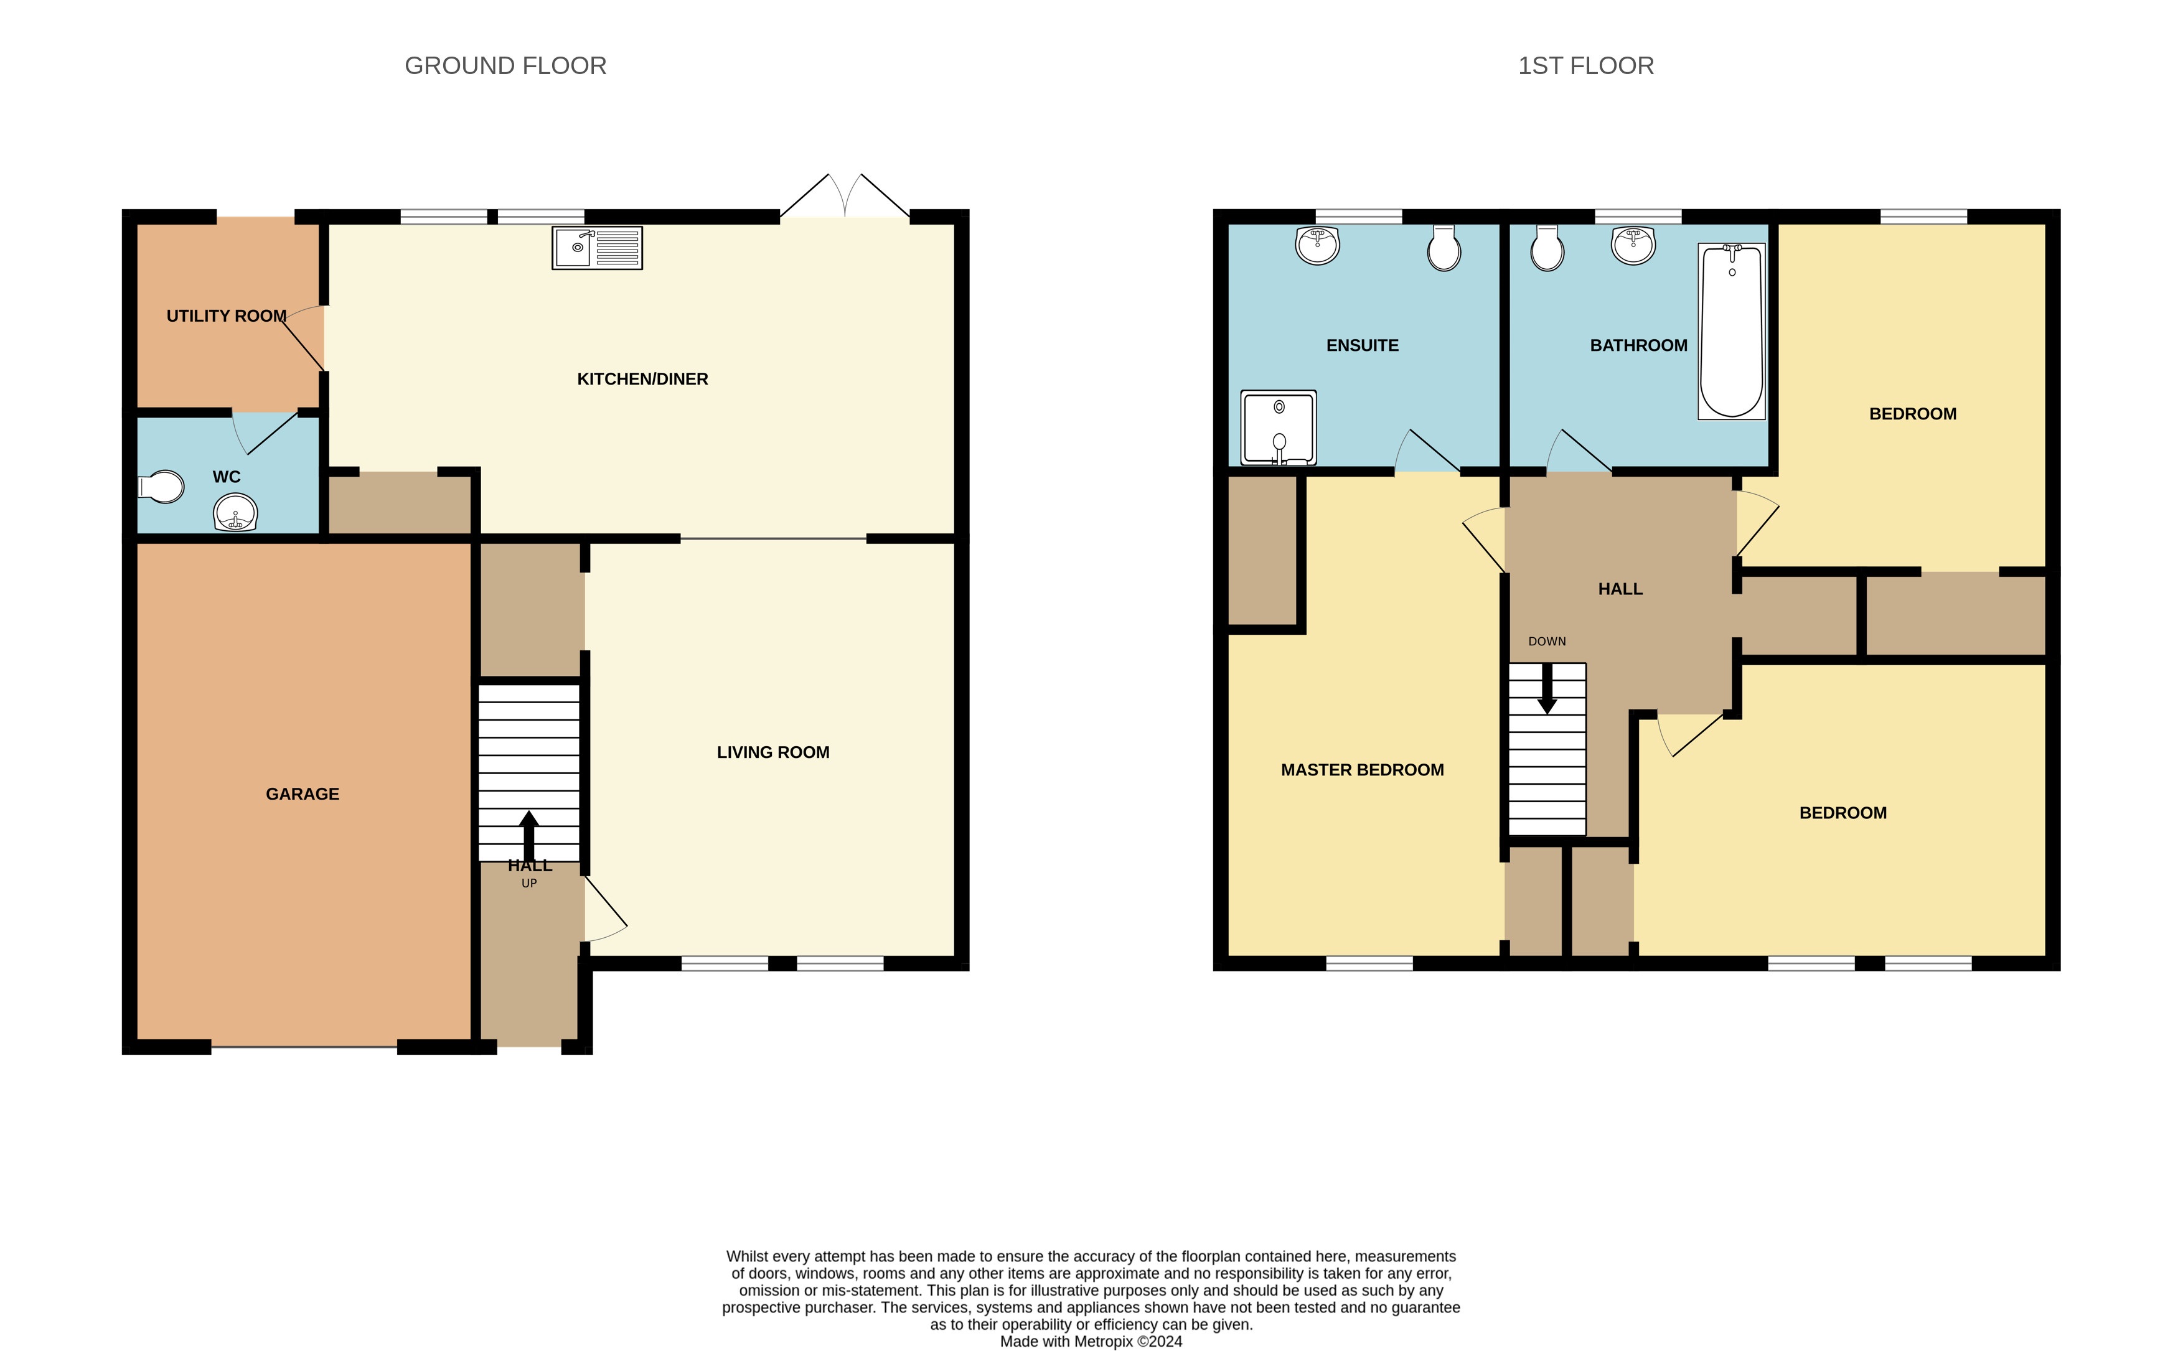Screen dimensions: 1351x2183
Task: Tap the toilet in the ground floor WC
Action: [x=162, y=487]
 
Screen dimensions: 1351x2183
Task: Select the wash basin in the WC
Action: [x=235, y=513]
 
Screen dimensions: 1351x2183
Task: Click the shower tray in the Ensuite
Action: [x=1278, y=428]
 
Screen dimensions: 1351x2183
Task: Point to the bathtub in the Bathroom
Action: [x=1731, y=332]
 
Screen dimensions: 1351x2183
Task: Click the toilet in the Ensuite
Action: [x=1444, y=248]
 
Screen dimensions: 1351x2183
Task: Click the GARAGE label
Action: [x=302, y=794]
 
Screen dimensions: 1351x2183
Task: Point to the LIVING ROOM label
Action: [x=773, y=752]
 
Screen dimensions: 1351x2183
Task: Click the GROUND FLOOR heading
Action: [x=506, y=66]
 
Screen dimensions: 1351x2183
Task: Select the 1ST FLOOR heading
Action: [x=1585, y=66]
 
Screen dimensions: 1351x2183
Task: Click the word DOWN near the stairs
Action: [x=1547, y=642]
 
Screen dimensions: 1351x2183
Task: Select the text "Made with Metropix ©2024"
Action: [x=1091, y=1341]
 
